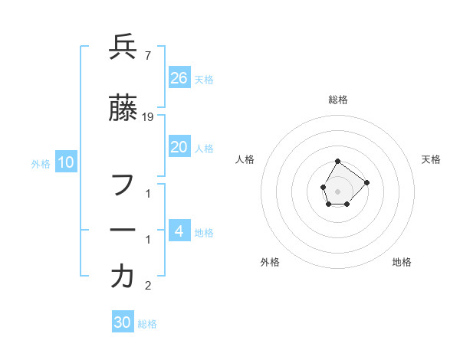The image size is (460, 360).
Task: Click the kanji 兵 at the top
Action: coord(123,47)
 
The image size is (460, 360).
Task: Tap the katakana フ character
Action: coord(123,185)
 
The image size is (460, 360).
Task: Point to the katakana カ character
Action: coord(123,277)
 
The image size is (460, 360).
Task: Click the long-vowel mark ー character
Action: coord(123,230)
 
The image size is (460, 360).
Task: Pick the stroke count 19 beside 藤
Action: coord(149,117)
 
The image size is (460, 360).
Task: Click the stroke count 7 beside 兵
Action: coord(147,56)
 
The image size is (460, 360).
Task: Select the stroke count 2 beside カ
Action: coord(148,286)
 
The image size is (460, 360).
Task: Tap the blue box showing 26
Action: coord(179,77)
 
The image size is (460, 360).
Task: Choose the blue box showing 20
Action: coord(179,147)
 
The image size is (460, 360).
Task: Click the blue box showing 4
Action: coord(179,231)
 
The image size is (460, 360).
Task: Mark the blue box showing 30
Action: coord(123,322)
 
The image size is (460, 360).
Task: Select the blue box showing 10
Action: coord(66,162)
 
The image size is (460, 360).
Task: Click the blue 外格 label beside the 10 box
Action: coord(41,163)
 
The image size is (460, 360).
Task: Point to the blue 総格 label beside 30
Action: coord(147,324)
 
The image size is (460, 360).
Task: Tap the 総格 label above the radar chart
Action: coord(338,100)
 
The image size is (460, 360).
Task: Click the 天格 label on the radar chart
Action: coord(432,159)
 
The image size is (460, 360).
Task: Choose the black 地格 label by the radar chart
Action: coord(402,262)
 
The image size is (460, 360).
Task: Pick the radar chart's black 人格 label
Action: coord(245,159)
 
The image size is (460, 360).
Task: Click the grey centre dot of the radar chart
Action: coord(337,190)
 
